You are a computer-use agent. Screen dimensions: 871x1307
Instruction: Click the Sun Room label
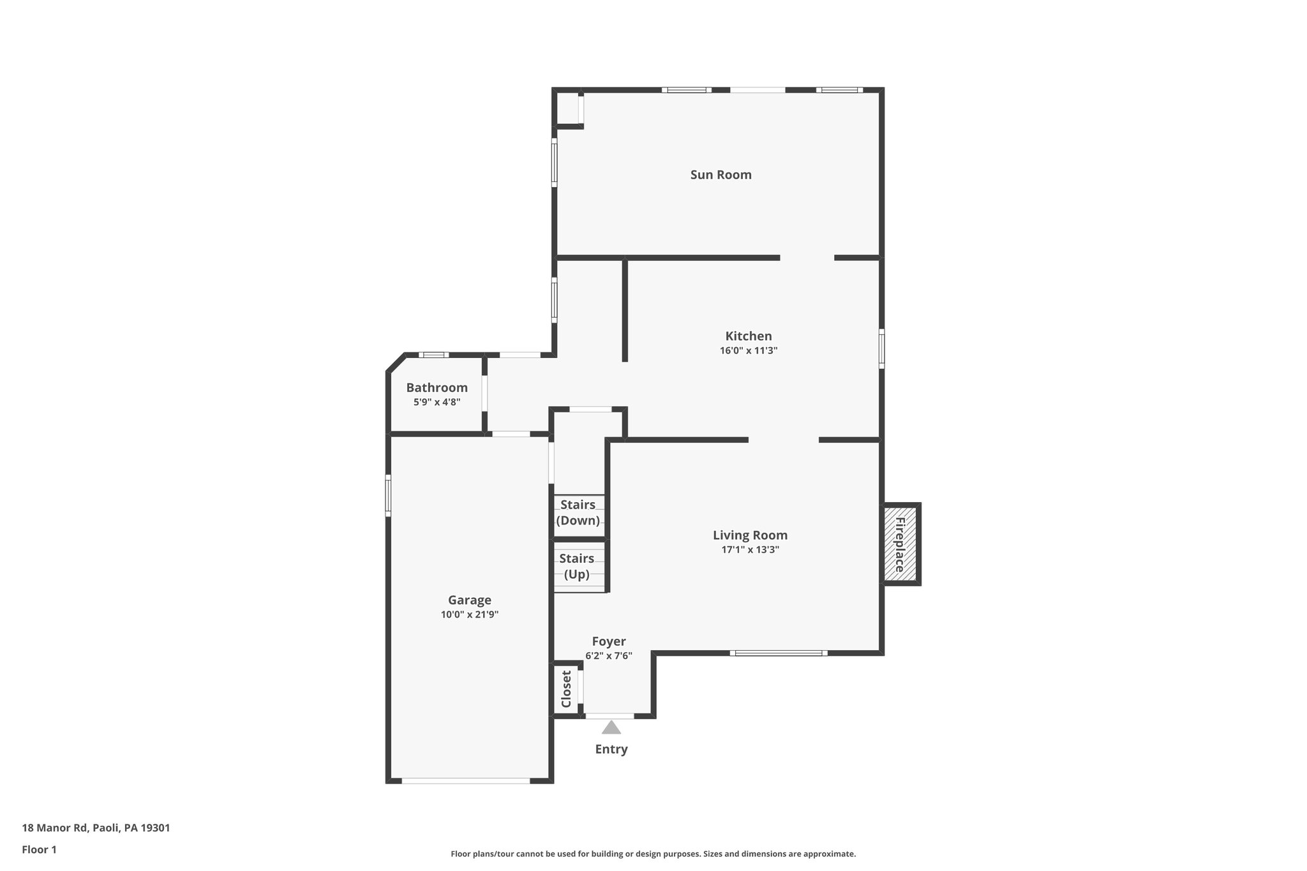click(721, 175)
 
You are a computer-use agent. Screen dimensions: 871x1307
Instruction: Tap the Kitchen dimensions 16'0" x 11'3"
click(748, 350)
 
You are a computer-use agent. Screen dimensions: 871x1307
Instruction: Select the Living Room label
click(750, 535)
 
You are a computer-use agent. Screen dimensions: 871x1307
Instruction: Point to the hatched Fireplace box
click(900, 544)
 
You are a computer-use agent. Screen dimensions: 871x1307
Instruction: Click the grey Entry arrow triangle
click(611, 727)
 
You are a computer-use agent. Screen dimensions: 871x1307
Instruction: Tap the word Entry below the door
click(611, 749)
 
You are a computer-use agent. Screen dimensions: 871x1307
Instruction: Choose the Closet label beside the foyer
click(566, 689)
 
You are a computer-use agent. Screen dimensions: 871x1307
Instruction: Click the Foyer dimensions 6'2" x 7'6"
click(608, 655)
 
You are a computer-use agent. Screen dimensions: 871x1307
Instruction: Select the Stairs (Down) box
click(578, 512)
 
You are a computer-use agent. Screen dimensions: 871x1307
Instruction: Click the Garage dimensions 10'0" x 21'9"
click(469, 614)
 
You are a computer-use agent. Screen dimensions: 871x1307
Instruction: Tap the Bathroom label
click(437, 388)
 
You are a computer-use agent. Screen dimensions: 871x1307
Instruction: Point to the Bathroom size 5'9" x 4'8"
click(437, 402)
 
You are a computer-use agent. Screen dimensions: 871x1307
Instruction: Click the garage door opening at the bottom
click(466, 780)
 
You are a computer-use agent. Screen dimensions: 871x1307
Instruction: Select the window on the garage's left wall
click(388, 495)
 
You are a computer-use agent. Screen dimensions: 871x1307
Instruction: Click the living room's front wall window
click(779, 653)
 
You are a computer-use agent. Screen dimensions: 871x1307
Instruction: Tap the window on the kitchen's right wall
click(881, 348)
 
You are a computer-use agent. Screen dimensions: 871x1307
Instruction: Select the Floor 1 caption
click(39, 849)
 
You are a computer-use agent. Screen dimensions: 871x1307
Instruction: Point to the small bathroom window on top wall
click(434, 355)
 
